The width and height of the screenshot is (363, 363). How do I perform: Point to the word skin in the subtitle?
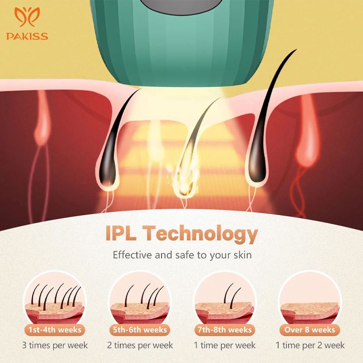[x=240, y=255]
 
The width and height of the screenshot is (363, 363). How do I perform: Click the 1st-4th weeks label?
[x=55, y=329]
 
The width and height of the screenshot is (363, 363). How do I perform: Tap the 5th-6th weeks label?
[x=140, y=329]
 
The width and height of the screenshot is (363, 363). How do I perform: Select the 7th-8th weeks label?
[x=225, y=329]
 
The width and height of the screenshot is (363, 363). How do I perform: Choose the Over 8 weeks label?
[x=309, y=329]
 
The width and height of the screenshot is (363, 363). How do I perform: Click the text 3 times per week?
[x=55, y=345]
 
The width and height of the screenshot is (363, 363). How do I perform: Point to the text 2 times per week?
[x=140, y=345]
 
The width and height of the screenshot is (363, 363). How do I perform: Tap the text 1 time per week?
[x=225, y=345]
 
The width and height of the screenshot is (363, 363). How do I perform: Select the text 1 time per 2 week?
[x=309, y=345]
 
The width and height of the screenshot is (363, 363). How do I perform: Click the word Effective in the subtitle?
[x=132, y=255]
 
